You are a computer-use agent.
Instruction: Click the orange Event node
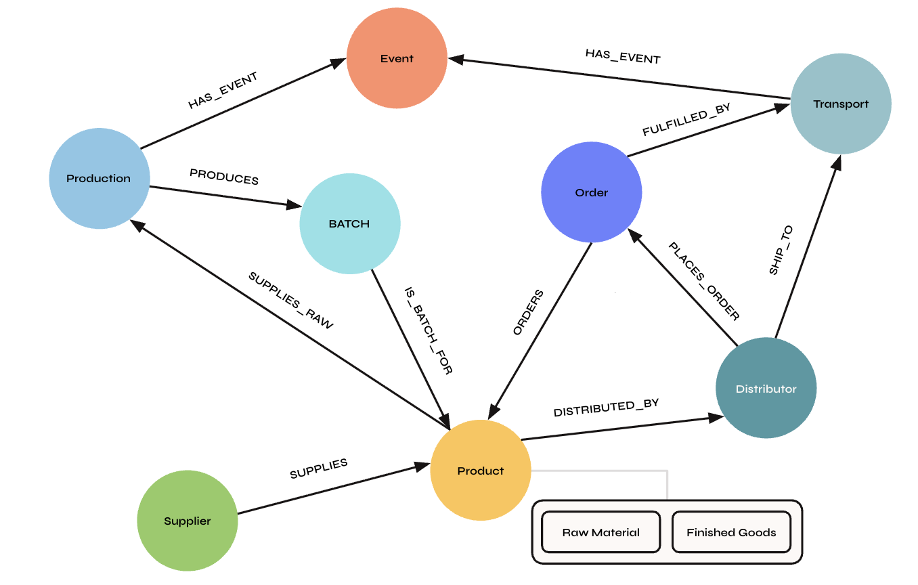pyautogui.click(x=397, y=58)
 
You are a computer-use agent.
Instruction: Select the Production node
pyautogui.click(x=99, y=179)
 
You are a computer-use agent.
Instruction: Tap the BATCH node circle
pyautogui.click(x=349, y=223)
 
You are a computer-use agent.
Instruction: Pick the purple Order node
pyautogui.click(x=591, y=192)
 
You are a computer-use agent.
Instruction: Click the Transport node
pyautogui.click(x=841, y=104)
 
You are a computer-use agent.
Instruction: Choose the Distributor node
pyautogui.click(x=766, y=389)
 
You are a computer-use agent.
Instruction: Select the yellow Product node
pyautogui.click(x=481, y=471)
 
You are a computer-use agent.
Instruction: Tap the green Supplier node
pyautogui.click(x=188, y=521)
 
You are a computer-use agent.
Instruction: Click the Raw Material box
pyautogui.click(x=600, y=532)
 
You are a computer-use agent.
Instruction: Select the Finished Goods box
pyautogui.click(x=731, y=532)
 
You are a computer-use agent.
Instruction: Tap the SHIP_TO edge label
pyautogui.click(x=781, y=251)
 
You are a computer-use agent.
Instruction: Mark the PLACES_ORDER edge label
pyautogui.click(x=704, y=281)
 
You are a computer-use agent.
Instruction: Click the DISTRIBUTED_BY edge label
pyautogui.click(x=606, y=408)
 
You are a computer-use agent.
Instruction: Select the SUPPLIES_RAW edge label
pyautogui.click(x=291, y=301)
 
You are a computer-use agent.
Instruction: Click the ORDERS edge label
pyautogui.click(x=528, y=313)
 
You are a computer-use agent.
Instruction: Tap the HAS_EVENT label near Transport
pyautogui.click(x=623, y=56)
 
